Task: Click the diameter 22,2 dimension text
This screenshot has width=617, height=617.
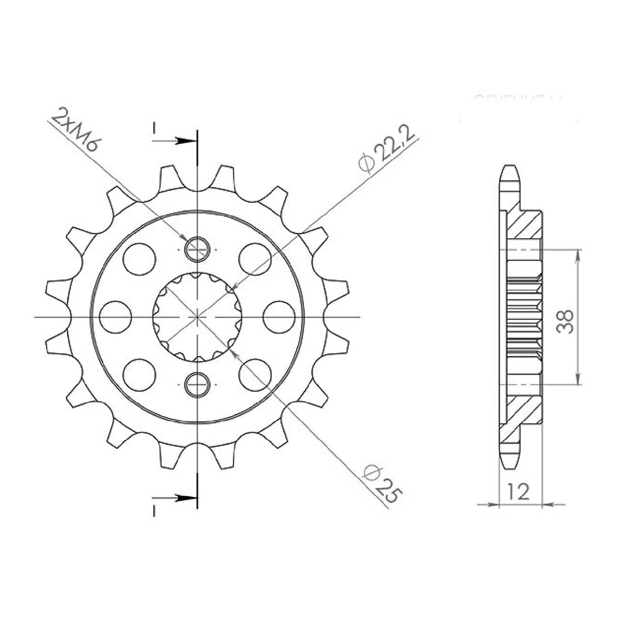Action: click(x=387, y=147)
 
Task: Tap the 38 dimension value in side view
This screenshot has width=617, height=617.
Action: click(x=565, y=321)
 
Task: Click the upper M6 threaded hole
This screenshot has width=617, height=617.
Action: click(x=197, y=248)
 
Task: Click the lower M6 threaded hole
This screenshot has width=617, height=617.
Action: click(x=197, y=384)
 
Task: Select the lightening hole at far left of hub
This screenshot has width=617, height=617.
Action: click(x=115, y=316)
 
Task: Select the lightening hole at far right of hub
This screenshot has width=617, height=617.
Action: click(x=279, y=316)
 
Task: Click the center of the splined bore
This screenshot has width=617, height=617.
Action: click(x=197, y=316)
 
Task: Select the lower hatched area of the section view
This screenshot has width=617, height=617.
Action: click(x=526, y=407)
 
